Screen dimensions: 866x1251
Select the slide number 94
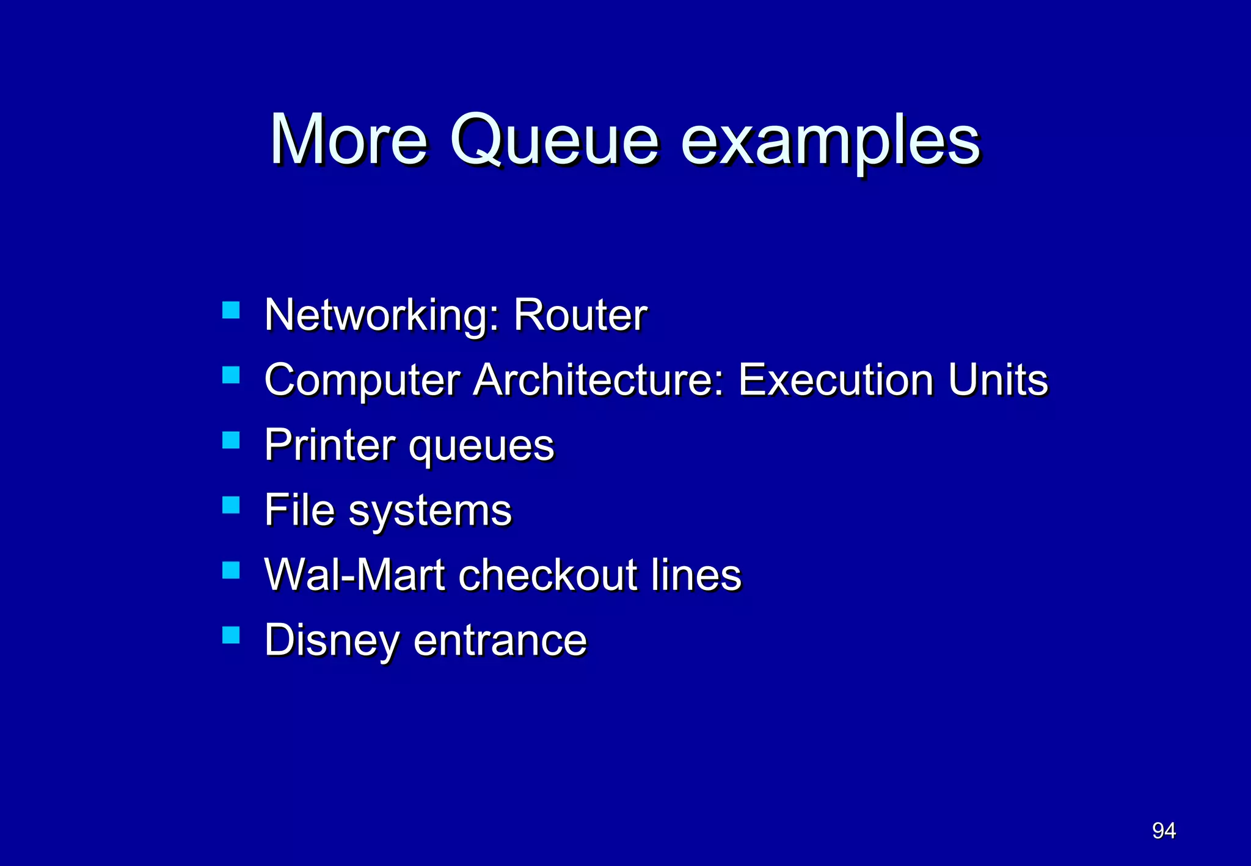pyautogui.click(x=1164, y=831)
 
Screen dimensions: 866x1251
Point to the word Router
pyautogui.click(x=580, y=316)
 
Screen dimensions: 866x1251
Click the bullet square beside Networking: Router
pyautogui.click(x=231, y=310)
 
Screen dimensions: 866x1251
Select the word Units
pyautogui.click(x=998, y=380)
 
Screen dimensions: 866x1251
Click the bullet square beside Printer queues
pyautogui.click(x=231, y=440)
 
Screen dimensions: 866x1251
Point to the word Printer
pyautogui.click(x=330, y=445)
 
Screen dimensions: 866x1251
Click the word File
pyautogui.click(x=299, y=510)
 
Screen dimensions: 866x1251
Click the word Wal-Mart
pyautogui.click(x=354, y=575)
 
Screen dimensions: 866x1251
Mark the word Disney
pyautogui.click(x=333, y=641)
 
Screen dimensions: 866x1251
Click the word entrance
pyautogui.click(x=500, y=641)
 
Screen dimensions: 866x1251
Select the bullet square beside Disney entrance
pyautogui.click(x=231, y=635)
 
